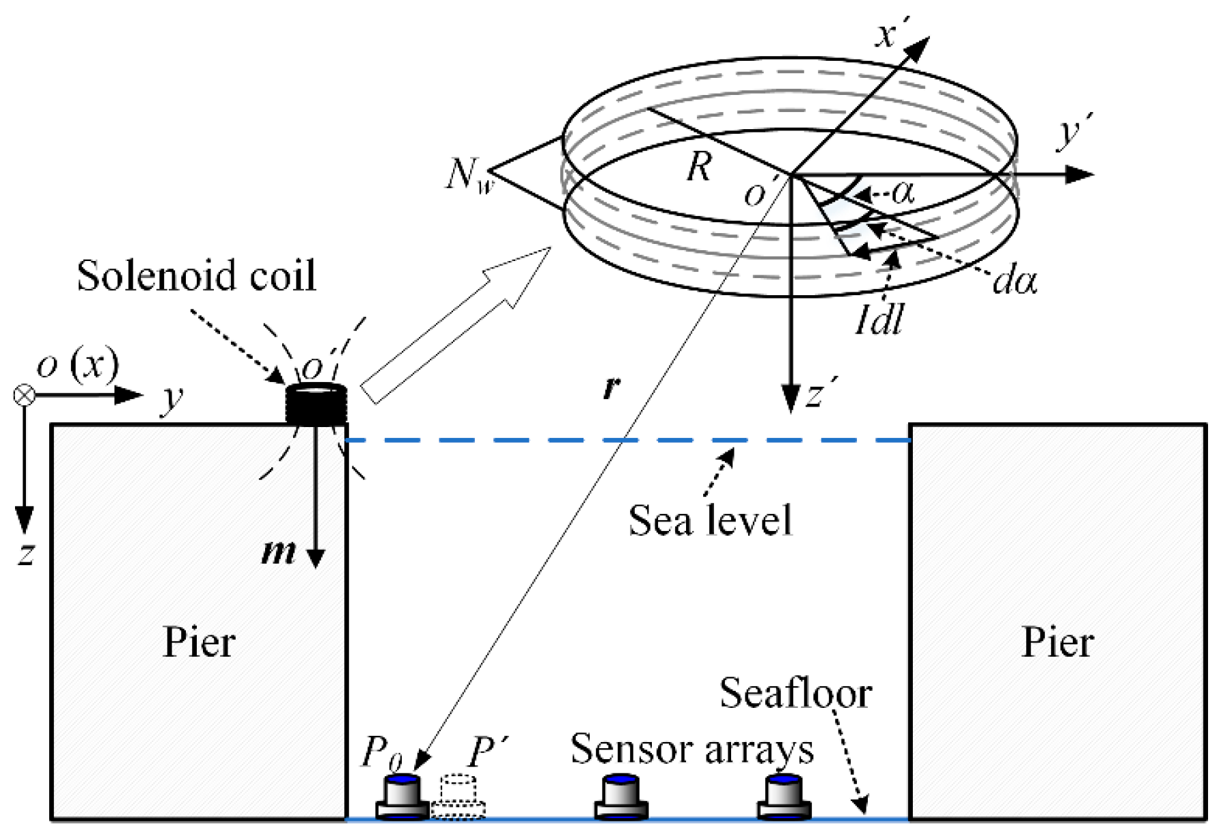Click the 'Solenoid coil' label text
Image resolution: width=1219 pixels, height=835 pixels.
coord(196,276)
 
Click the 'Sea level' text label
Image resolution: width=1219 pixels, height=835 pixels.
coord(710,521)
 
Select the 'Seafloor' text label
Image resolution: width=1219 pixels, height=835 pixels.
coord(795,694)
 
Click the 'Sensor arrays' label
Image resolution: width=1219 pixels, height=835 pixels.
coord(691,749)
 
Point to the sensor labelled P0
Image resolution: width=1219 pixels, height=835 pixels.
coord(402,797)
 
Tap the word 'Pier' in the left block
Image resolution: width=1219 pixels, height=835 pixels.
coord(199,642)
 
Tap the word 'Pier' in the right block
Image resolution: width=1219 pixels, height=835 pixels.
coord(1057,642)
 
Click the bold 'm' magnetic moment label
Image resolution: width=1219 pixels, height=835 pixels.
coord(279,551)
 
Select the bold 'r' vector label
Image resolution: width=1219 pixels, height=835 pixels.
coord(612,387)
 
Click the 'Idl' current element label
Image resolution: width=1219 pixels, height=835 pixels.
coord(879,318)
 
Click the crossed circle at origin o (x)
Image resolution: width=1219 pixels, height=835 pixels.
coord(25,395)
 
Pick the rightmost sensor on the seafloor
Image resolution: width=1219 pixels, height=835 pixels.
coord(784,797)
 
